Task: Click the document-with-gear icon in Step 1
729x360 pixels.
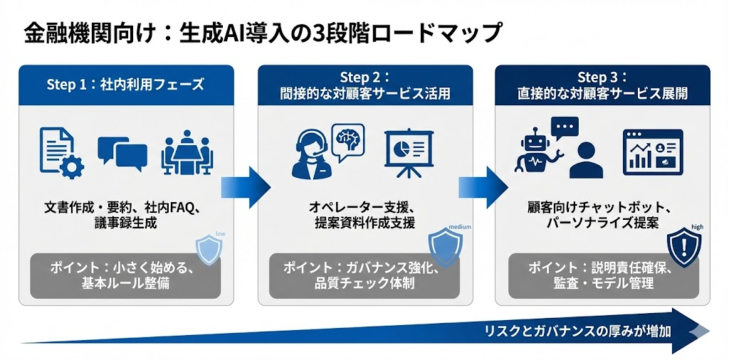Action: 61,152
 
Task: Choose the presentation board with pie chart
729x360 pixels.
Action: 409,152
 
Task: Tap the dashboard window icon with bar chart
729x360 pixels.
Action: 653,152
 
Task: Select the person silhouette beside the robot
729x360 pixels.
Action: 586,160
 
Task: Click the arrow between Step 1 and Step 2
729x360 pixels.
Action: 246,187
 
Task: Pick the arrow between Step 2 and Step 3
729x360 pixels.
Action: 483,187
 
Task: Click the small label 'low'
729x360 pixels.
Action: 221,233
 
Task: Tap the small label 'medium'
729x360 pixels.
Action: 460,227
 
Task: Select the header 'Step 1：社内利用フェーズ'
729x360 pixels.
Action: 125,85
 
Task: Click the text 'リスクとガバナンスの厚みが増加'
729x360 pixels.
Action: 578,332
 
